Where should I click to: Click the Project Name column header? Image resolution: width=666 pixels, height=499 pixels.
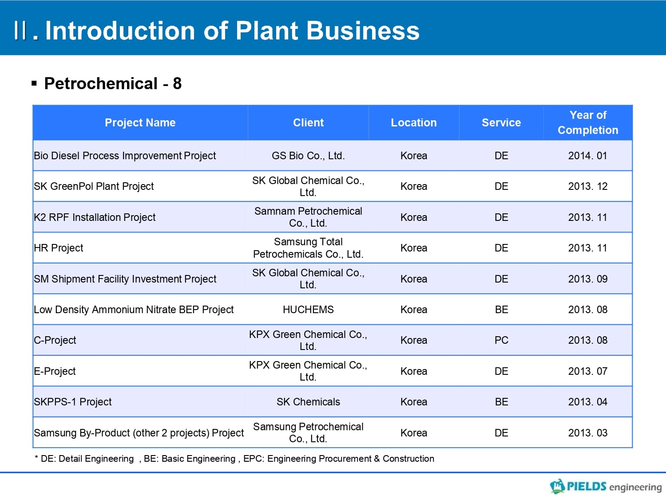(x=140, y=123)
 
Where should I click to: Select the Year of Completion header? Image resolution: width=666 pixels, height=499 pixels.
(x=588, y=123)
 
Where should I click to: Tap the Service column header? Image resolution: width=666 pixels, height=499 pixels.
(x=501, y=123)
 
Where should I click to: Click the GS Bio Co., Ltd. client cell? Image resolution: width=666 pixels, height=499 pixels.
(x=308, y=156)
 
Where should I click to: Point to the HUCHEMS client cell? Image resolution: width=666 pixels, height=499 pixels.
(x=308, y=310)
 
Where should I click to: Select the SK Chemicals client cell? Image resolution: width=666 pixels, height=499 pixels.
(x=308, y=402)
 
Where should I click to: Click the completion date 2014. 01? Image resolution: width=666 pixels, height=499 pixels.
(x=588, y=156)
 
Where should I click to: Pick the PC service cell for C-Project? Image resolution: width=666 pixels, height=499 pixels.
(x=501, y=340)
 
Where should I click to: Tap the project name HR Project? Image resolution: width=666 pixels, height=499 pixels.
(x=58, y=248)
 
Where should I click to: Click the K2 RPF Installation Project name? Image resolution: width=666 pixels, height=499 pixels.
(x=95, y=217)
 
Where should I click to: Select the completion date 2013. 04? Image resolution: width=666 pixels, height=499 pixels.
(x=588, y=402)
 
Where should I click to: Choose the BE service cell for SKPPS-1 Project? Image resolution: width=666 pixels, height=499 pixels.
(x=501, y=402)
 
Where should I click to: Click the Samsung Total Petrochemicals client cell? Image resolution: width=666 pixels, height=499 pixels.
(x=308, y=248)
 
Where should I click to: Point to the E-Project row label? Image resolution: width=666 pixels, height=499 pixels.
(x=55, y=371)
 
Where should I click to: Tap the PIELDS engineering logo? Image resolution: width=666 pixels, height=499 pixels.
(x=606, y=487)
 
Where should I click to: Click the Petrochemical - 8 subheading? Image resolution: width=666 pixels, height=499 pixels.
(x=113, y=83)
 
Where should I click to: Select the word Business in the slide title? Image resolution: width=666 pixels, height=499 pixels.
(x=363, y=31)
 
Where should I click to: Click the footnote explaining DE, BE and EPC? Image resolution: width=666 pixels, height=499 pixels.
(x=234, y=459)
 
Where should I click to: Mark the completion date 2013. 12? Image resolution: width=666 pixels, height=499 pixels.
(x=588, y=186)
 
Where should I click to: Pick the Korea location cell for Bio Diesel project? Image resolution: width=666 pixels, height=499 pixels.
(x=414, y=156)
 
